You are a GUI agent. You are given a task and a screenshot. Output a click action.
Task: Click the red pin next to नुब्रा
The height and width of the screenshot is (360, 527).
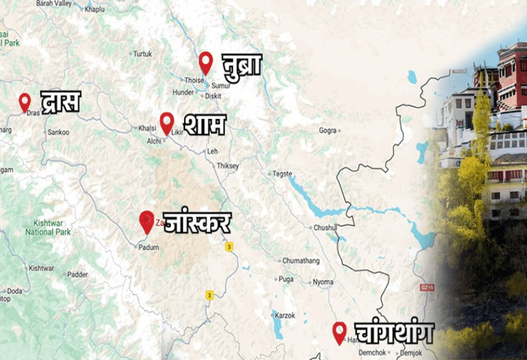pyautogui.click(x=206, y=61)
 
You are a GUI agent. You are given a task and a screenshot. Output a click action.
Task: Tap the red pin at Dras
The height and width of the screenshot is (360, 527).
pyautogui.click(x=25, y=101)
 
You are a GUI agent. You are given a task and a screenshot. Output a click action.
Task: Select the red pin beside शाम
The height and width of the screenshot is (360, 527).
pyautogui.click(x=167, y=122)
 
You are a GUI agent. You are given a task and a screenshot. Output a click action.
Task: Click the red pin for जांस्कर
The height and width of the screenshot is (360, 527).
pyautogui.click(x=147, y=221)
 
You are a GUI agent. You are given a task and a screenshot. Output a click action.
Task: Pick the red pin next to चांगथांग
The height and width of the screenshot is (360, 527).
pyautogui.click(x=339, y=332)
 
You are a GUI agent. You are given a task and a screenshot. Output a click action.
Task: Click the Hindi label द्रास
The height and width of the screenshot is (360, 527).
pyautogui.click(x=60, y=101)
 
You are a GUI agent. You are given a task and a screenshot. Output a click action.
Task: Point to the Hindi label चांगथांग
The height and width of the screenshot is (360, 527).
pyautogui.click(x=393, y=333)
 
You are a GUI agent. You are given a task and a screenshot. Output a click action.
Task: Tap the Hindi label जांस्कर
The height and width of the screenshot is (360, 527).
pyautogui.click(x=197, y=222)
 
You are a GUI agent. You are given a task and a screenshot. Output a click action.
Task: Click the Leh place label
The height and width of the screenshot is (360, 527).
pyautogui.click(x=212, y=150)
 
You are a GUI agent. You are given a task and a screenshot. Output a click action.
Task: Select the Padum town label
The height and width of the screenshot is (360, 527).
pyautogui.click(x=148, y=247)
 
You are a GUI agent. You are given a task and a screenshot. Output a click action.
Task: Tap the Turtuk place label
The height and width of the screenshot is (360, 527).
pyautogui.click(x=142, y=53)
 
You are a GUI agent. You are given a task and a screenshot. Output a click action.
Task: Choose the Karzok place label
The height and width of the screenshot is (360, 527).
pyautogui.click(x=284, y=316)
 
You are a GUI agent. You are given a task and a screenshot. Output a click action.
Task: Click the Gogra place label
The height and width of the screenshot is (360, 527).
pyautogui.click(x=328, y=130)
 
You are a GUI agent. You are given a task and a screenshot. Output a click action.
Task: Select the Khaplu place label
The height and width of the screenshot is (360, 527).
pyautogui.click(x=94, y=10)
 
